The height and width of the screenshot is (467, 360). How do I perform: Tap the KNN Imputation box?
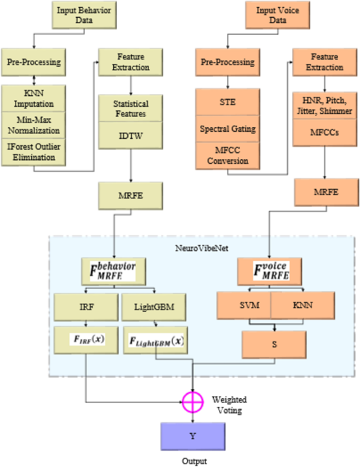click(34, 98)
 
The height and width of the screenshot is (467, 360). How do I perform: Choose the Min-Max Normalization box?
click(34, 125)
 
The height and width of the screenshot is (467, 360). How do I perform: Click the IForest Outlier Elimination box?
click(34, 151)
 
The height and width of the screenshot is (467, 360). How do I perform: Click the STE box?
click(228, 102)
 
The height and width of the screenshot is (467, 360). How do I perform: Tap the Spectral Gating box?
click(228, 129)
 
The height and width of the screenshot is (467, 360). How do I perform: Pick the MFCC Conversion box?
click(228, 156)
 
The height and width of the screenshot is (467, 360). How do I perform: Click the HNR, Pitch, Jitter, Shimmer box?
click(325, 106)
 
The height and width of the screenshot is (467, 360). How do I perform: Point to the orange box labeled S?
click(274, 344)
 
